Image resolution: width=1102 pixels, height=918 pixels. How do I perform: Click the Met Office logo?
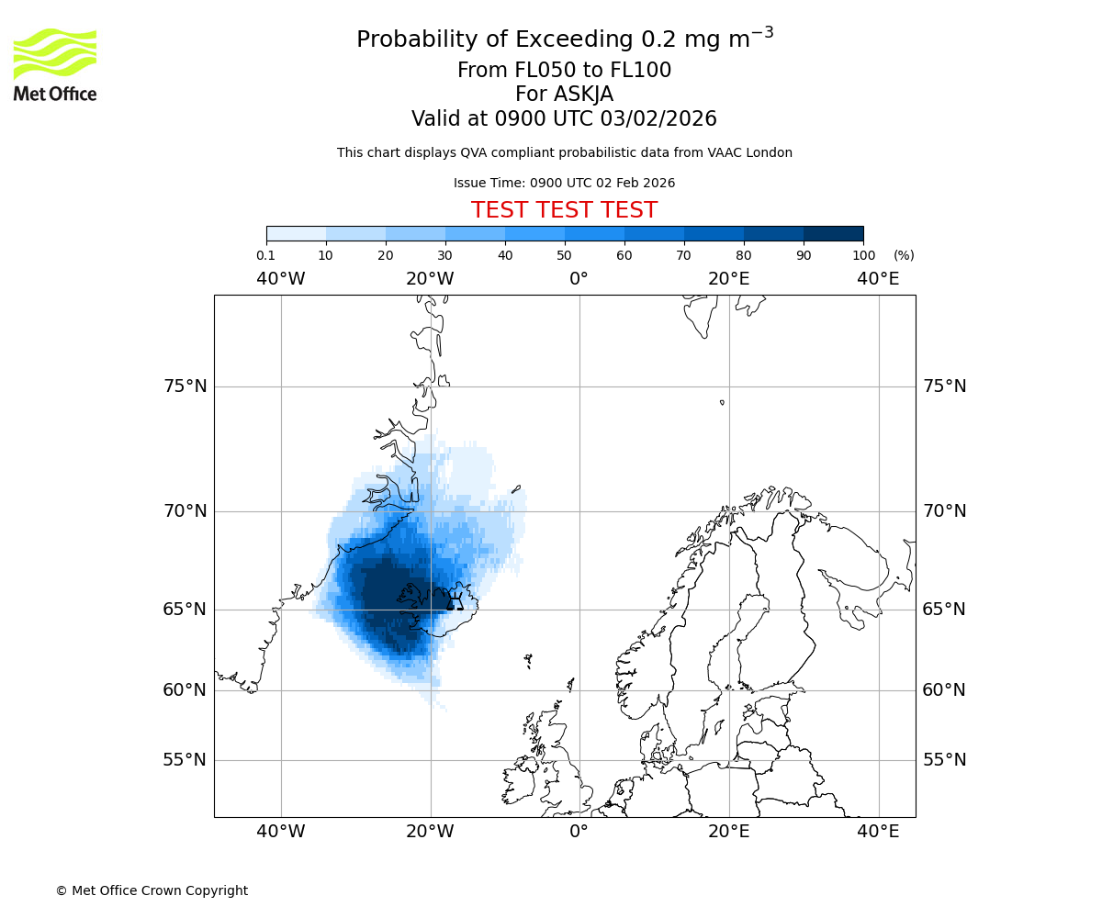(55, 64)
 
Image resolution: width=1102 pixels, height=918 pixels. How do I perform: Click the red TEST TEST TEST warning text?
(564, 210)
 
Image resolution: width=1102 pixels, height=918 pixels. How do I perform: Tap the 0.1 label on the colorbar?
(266, 255)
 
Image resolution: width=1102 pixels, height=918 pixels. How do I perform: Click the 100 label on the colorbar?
(863, 255)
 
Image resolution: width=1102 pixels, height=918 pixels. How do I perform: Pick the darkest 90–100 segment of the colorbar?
(833, 233)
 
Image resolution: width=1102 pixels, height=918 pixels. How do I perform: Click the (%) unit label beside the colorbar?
(904, 255)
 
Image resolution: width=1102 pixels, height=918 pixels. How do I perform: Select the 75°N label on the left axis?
(186, 386)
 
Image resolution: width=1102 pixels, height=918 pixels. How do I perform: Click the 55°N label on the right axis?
(944, 760)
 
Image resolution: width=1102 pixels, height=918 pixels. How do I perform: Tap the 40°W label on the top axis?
(281, 279)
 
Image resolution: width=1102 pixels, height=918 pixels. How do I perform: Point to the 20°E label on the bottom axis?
(729, 832)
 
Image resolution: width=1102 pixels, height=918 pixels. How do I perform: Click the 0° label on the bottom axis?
(579, 832)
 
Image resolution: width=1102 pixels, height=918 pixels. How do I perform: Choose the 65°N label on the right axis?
(944, 610)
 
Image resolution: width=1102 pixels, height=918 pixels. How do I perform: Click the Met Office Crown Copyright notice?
(152, 890)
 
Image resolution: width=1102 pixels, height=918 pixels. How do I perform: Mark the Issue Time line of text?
(564, 183)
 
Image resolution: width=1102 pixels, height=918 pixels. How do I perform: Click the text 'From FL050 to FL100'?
(564, 71)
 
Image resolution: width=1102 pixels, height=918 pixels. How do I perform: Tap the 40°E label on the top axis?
(878, 279)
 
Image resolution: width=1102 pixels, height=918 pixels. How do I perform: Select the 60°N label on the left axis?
(186, 690)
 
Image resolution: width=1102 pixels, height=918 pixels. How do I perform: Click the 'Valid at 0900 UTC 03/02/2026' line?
(564, 119)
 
